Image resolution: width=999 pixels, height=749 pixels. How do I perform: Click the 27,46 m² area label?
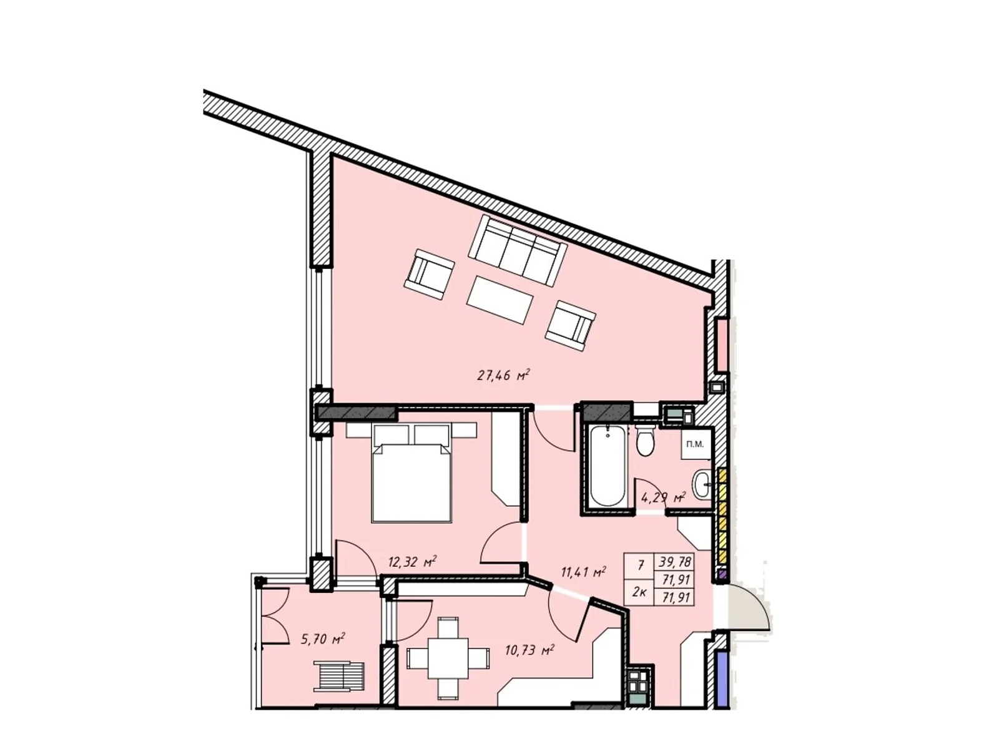[x=503, y=376]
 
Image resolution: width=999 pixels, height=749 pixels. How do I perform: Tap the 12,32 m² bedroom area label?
[x=411, y=562]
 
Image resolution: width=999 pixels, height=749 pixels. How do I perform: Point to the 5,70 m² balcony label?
[x=323, y=639]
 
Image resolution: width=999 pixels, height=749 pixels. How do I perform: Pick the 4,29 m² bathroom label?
[x=663, y=498]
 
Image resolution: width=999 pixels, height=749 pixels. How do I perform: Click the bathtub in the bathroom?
[x=606, y=465]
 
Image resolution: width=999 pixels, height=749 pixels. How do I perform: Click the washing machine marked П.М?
[x=695, y=444]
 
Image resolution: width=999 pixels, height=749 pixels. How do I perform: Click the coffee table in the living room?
[x=499, y=300]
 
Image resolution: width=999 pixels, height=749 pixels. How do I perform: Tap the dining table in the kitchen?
[x=447, y=658]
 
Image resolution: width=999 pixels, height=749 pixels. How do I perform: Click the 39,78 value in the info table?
[x=674, y=562]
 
